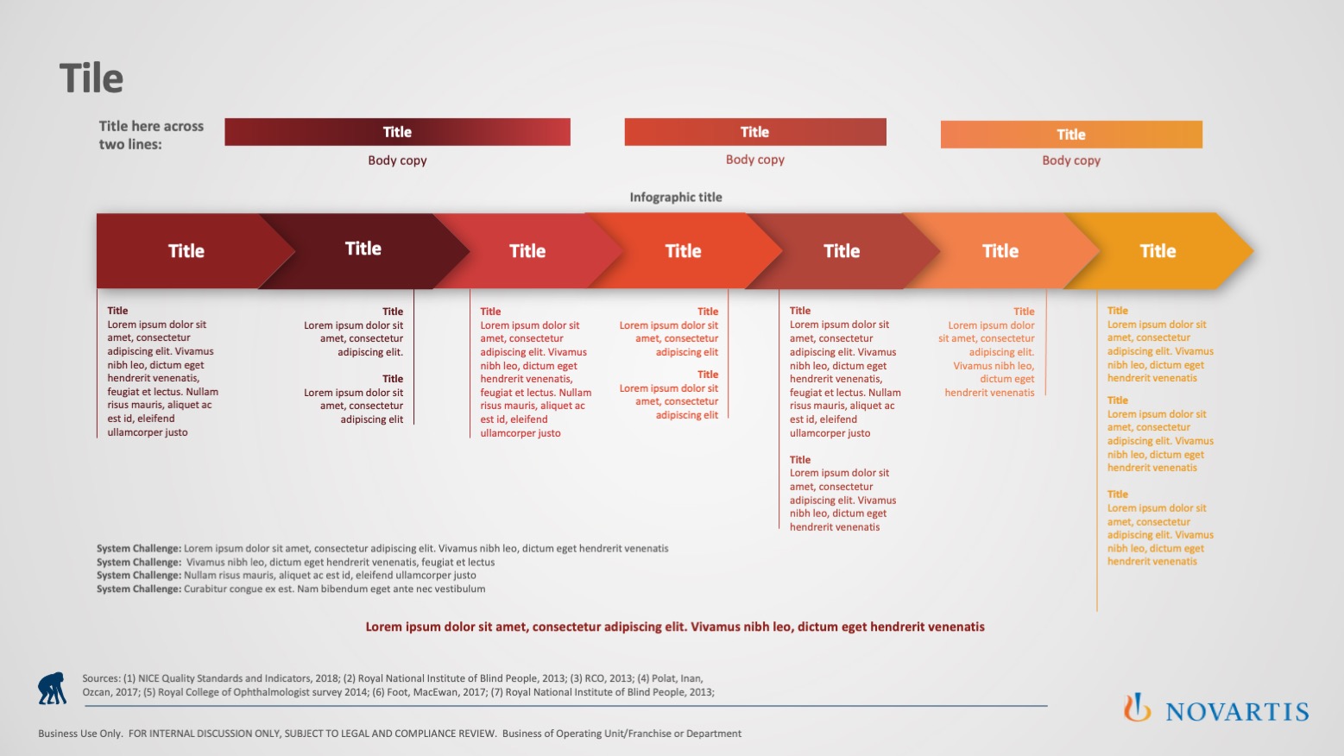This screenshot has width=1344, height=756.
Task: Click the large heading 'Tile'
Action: tap(91, 78)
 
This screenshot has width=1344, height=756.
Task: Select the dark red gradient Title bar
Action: tap(397, 132)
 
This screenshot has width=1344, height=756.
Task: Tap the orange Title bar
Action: tap(1071, 135)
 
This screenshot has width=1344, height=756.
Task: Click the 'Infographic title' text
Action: tap(676, 198)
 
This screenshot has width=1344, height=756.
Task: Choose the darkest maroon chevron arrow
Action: tap(363, 251)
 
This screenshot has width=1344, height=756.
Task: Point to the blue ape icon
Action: tap(52, 688)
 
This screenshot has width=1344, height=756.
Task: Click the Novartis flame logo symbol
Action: tap(1137, 707)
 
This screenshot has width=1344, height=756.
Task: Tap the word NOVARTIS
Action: tap(1237, 712)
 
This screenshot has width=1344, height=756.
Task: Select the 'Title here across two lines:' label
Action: tap(151, 135)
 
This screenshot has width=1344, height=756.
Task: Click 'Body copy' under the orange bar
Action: tap(1071, 161)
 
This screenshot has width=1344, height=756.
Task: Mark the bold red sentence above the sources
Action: tap(675, 627)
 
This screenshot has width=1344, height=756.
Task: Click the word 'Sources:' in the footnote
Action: tap(101, 678)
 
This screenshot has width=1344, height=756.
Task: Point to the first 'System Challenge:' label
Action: tap(139, 548)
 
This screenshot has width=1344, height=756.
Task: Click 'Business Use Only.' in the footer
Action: tap(80, 734)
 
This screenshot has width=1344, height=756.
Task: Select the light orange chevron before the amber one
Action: tap(1000, 251)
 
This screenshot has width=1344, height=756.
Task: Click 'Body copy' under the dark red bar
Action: tap(397, 161)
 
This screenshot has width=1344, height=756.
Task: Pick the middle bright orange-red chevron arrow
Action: tap(684, 251)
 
